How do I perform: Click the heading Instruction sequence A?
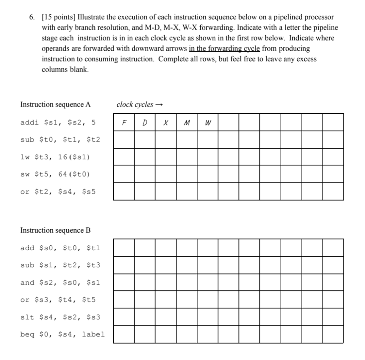click(x=55, y=104)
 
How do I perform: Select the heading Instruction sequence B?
click(x=55, y=230)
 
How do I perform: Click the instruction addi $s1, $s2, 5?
click(x=58, y=122)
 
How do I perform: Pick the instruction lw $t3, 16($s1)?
click(x=55, y=157)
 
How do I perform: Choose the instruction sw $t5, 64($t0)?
click(x=55, y=174)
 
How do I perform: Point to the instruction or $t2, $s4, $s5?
click(x=58, y=192)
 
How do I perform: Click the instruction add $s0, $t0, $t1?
click(x=60, y=248)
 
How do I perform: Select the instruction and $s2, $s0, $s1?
click(x=60, y=283)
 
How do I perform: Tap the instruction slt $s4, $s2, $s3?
click(x=60, y=317)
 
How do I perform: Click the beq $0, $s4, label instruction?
click(x=62, y=334)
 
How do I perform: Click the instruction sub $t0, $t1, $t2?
click(x=60, y=139)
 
